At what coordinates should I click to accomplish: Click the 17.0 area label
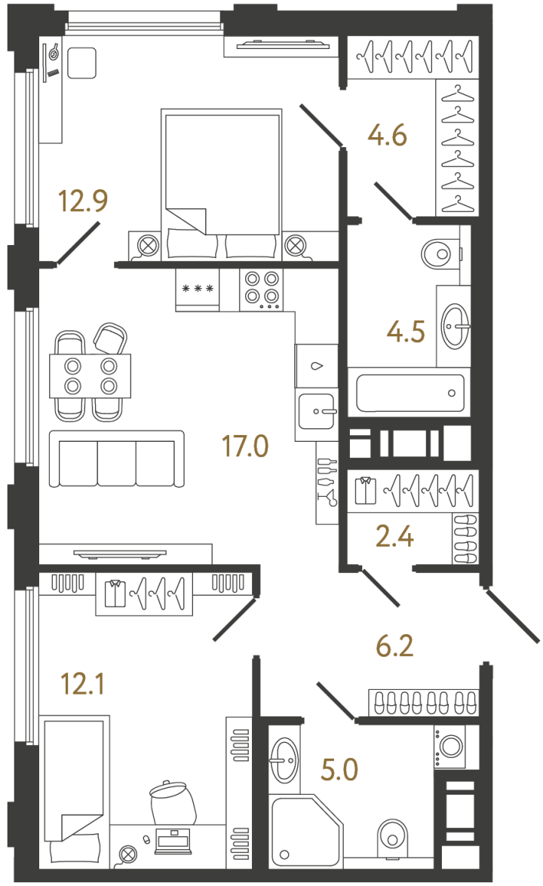click(244, 446)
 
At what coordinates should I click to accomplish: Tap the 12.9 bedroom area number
click(83, 202)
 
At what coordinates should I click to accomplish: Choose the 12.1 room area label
click(83, 685)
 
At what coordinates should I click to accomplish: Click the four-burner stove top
click(261, 290)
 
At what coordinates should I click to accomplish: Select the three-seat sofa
click(116, 459)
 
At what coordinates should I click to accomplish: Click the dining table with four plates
click(90, 376)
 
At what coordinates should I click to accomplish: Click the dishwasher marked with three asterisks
click(198, 290)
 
